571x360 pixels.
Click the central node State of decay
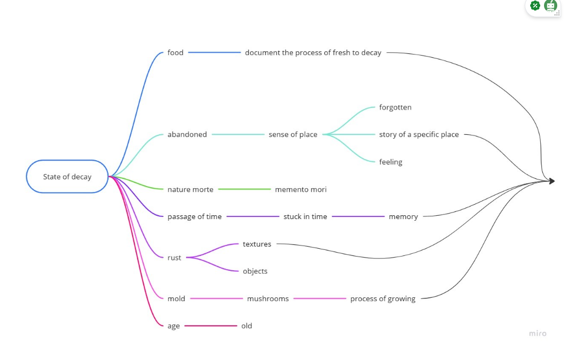tap(67, 177)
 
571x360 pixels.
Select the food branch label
tap(175, 53)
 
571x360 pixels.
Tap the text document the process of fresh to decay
tap(313, 53)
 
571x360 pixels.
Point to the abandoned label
tap(187, 134)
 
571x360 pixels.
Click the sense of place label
tap(293, 134)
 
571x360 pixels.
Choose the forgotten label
tap(395, 107)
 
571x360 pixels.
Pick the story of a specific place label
tap(418, 134)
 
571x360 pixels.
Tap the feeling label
tap(390, 162)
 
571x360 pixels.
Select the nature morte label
tap(190, 189)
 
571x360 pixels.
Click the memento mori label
tap(301, 189)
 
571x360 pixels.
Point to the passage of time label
tap(194, 217)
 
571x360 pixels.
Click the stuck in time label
tap(305, 217)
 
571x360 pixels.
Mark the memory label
tap(403, 217)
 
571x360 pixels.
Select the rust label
tap(174, 258)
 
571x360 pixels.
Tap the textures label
tap(257, 244)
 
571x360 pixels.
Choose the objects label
tap(255, 271)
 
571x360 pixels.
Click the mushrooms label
tap(268, 299)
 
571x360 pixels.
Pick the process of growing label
tap(383, 299)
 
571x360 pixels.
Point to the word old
tap(246, 326)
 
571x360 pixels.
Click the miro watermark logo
tap(537, 333)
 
